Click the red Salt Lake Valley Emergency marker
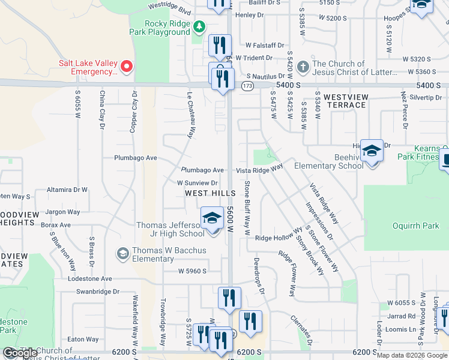[127, 66]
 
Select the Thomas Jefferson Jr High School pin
[212, 219]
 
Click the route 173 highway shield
[247, 86]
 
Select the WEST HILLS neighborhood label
[206, 193]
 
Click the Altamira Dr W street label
[67, 190]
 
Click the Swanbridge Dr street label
[98, 292]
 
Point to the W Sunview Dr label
[196, 182]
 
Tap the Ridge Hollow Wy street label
[279, 238]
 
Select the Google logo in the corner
[20, 353]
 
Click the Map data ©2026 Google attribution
[412, 355]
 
